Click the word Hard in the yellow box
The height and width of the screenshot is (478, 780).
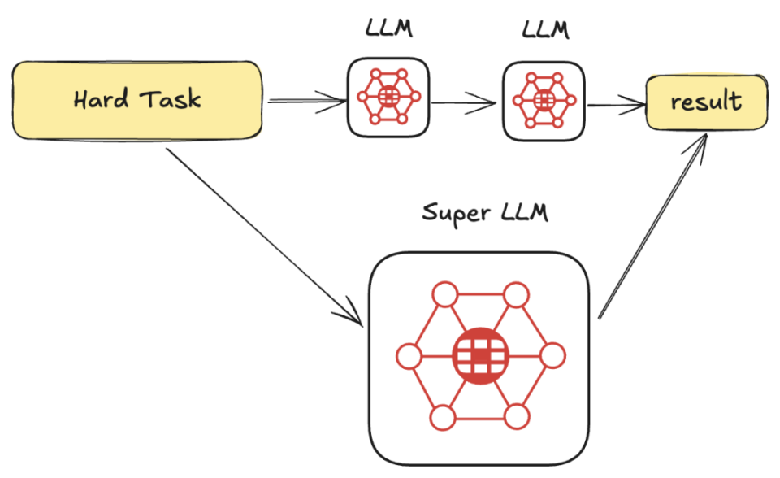pos(101,98)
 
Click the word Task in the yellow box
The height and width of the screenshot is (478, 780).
pos(170,98)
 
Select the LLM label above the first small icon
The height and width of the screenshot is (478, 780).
pos(389,28)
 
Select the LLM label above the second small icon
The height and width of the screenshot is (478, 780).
pos(545,29)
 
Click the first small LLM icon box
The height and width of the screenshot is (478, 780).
pos(388,97)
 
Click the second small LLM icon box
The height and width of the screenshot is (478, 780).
pos(544,101)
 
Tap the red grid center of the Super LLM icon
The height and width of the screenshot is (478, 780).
pos(480,355)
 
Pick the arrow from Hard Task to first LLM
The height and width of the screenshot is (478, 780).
pos(307,102)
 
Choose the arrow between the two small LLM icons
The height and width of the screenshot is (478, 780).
pos(464,103)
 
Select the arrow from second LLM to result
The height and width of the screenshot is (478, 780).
pos(617,106)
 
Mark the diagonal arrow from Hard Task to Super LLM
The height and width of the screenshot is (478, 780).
pos(264,237)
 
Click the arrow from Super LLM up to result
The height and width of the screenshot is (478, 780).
pos(652,225)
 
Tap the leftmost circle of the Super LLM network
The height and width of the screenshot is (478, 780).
pos(409,356)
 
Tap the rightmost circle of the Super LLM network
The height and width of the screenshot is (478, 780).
pos(552,356)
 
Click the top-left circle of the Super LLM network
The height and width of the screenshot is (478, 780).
pos(445,294)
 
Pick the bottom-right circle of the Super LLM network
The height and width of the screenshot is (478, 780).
pos(517,417)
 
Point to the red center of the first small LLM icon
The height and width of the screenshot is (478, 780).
pos(389,96)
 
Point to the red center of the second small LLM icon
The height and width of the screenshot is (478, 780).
pos(544,101)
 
